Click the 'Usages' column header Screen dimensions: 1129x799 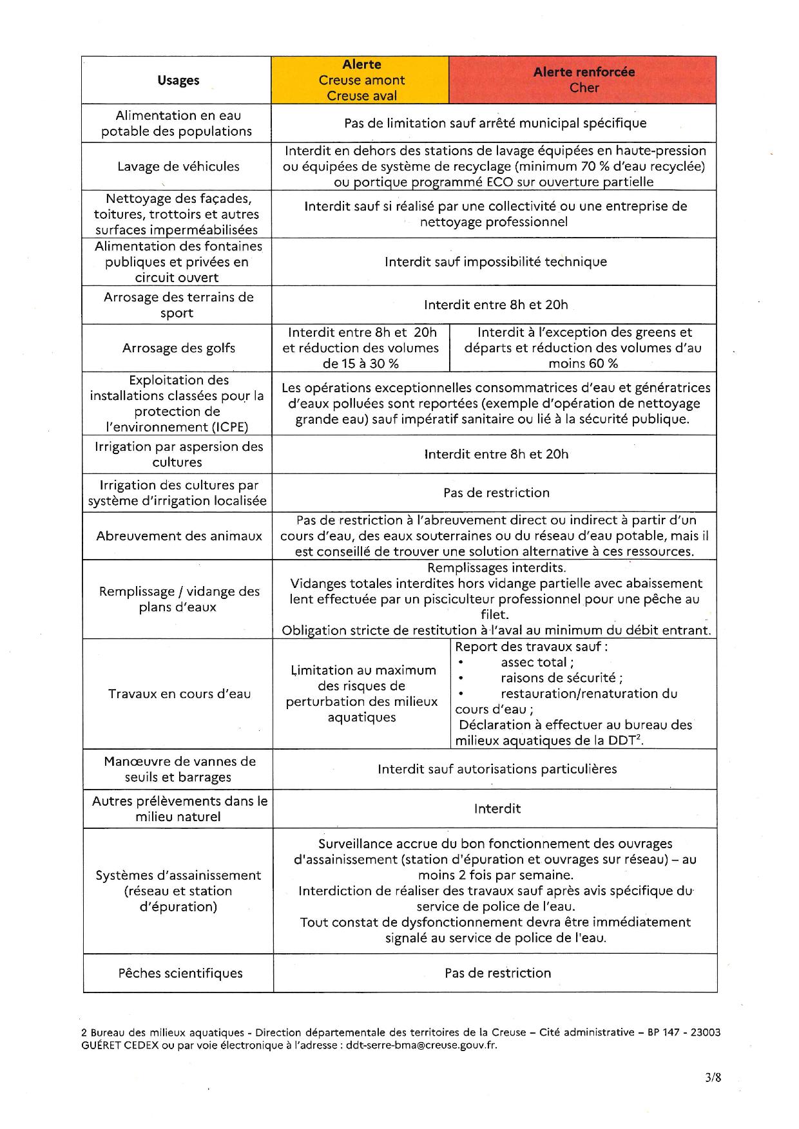[178, 81]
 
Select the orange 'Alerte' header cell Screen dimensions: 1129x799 [361, 80]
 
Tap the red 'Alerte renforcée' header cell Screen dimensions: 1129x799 [584, 80]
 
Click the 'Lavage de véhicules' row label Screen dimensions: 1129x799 [178, 166]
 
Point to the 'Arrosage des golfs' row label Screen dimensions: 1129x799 [178, 348]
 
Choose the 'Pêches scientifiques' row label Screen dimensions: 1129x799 [180, 972]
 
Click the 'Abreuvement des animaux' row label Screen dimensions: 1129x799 [179, 535]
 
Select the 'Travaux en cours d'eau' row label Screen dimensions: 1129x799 [179, 694]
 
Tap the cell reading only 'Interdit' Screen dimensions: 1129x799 [497, 808]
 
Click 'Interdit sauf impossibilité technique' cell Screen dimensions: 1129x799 [496, 261]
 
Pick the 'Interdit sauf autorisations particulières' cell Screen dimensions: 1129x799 [497, 768]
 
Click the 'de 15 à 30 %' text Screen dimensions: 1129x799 [360, 363]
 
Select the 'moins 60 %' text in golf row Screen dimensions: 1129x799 [583, 363]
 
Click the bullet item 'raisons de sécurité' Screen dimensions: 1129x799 [561, 678]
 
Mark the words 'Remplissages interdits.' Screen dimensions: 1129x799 [496, 567]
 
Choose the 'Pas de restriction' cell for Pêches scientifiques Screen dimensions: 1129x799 [497, 972]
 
